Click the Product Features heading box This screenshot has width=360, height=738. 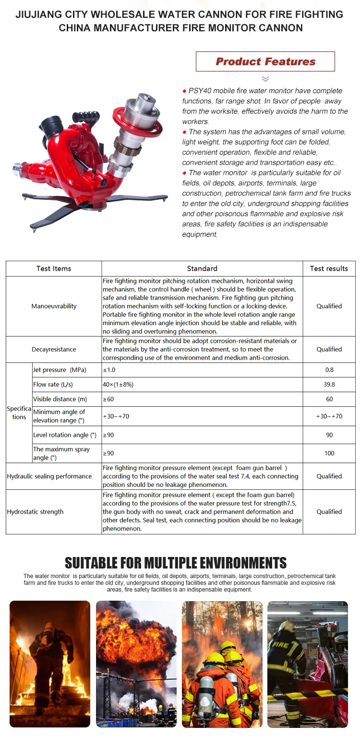pos(265,61)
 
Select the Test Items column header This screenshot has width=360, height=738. pos(54,268)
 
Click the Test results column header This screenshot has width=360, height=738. pos(329,268)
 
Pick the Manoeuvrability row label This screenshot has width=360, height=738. pos(54,306)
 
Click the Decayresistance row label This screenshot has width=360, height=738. pos(54,350)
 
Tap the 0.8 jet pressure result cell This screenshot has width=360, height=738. pos(329,370)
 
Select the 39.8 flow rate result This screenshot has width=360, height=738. pos(329,385)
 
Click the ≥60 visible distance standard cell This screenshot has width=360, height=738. pos(108,399)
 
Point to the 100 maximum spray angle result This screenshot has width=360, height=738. pos(329,453)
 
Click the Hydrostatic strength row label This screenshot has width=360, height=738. pos(35,512)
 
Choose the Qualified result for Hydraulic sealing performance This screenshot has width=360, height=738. pos(329,476)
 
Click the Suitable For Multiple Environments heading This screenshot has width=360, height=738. pos(176,563)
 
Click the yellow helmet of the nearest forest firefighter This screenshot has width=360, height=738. pos(215,659)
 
